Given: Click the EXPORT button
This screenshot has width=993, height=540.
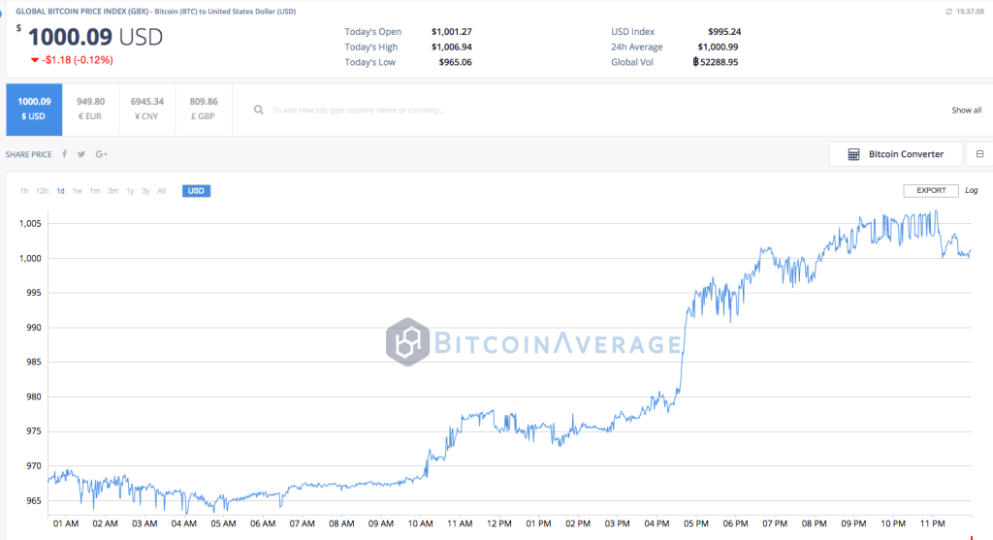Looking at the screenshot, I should click(931, 191).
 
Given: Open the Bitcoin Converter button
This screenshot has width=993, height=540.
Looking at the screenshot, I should click(896, 154).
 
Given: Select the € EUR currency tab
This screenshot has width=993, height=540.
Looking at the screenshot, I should click(90, 109).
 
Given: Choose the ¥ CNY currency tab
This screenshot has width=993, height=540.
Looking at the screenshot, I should click(146, 109).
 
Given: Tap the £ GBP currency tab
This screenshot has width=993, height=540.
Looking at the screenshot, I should click(204, 109).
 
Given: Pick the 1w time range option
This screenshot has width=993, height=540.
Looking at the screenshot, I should click(78, 191).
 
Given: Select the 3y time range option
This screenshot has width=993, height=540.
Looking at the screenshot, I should click(145, 191).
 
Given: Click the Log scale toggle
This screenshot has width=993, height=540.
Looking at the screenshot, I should click(972, 191).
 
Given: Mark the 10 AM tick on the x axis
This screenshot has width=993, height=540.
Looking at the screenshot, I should click(420, 524).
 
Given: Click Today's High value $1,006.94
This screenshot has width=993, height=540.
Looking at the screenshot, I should click(451, 47).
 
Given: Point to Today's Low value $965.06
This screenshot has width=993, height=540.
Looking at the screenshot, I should click(451, 62).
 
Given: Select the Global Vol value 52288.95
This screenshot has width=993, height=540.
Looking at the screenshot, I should click(719, 62).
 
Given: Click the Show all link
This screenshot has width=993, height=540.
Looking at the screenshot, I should click(966, 111).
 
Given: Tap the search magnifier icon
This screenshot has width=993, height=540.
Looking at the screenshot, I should click(259, 111).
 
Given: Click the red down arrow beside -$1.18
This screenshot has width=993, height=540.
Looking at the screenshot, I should click(35, 60).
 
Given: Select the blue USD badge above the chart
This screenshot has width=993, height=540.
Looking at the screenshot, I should click(196, 191).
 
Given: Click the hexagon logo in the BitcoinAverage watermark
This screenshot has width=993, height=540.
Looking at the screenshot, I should click(407, 342).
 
